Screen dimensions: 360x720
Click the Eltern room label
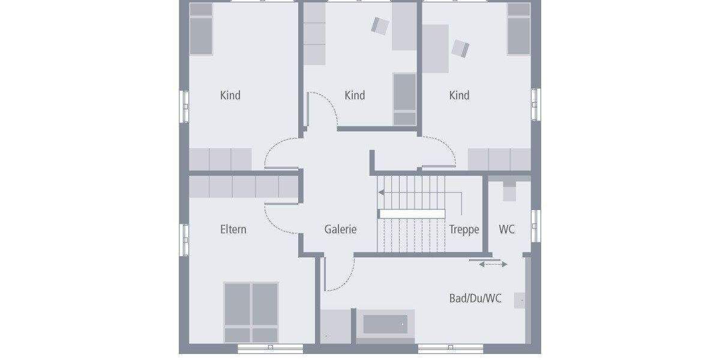click(x=233, y=229)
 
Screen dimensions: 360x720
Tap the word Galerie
click(x=340, y=229)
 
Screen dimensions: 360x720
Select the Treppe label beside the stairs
click(x=464, y=229)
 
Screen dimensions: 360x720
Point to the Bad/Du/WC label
click(x=475, y=298)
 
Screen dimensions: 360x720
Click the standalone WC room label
click(x=507, y=229)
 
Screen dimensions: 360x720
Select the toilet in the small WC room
click(x=509, y=191)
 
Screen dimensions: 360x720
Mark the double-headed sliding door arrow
click(x=493, y=264)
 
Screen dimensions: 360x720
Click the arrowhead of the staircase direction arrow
click(x=381, y=193)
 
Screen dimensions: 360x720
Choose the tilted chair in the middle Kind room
click(x=380, y=25)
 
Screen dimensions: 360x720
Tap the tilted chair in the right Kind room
click(x=460, y=48)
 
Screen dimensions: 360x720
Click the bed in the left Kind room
click(x=202, y=28)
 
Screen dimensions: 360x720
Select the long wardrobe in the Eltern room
click(x=244, y=187)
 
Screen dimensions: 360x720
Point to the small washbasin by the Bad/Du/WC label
click(x=520, y=300)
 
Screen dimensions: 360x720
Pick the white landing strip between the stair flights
click(x=412, y=214)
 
